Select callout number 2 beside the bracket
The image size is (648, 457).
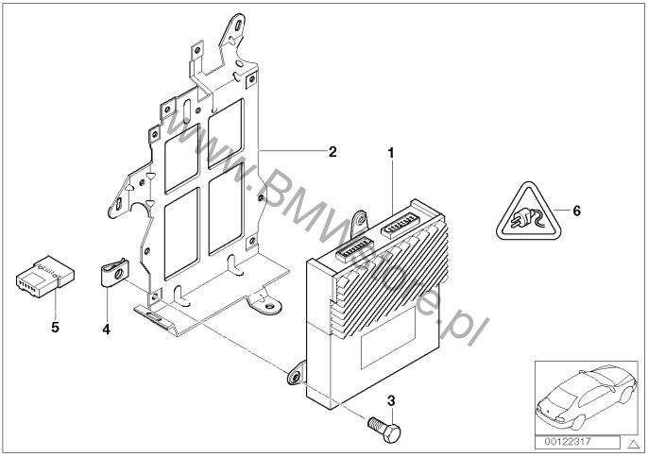(332, 151)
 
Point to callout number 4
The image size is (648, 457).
(107, 330)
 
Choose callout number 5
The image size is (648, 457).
(53, 328)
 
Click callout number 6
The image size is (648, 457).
(577, 211)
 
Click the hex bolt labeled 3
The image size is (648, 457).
(384, 430)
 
